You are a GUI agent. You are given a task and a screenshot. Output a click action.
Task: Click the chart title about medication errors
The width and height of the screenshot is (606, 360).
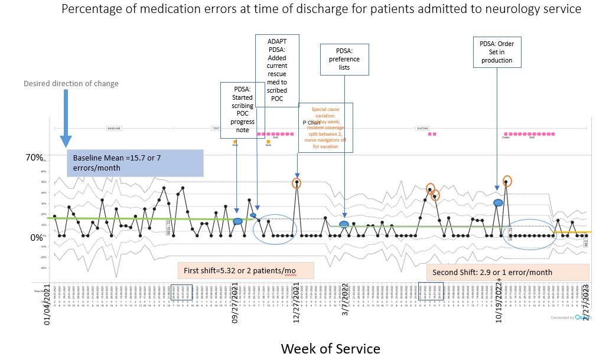pyautogui.click(x=321, y=9)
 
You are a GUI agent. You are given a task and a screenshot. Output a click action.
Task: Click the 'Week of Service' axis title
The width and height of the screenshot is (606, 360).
pyautogui.click(x=330, y=348)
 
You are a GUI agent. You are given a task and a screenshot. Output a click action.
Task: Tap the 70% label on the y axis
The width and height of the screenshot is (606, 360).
pyautogui.click(x=34, y=158)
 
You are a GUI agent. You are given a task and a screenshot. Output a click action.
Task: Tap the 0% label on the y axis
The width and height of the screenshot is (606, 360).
pyautogui.click(x=37, y=237)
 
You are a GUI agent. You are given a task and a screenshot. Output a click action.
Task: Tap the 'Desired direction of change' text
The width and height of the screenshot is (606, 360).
pyautogui.click(x=71, y=83)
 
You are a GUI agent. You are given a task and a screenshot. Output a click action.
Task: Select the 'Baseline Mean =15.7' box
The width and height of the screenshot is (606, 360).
pyautogui.click(x=135, y=163)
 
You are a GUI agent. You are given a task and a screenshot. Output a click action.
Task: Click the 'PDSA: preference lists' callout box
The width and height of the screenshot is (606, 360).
pyautogui.click(x=344, y=59)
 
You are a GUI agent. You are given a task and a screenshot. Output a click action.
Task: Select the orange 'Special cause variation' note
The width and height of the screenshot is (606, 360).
pyautogui.click(x=325, y=127)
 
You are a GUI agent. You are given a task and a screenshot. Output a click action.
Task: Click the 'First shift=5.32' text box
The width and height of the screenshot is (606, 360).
pyautogui.click(x=245, y=271)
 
